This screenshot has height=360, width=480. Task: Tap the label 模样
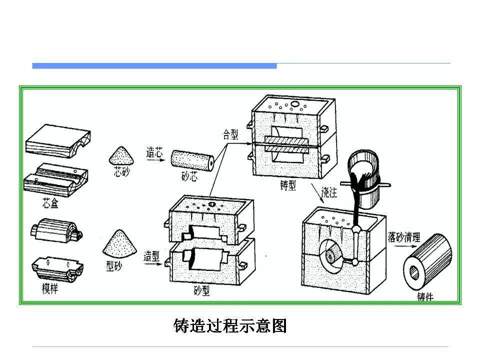click(x=49, y=288)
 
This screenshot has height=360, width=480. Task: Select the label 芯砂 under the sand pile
click(x=121, y=173)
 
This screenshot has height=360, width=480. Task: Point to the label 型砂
click(x=114, y=266)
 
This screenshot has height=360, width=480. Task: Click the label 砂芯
click(x=189, y=175)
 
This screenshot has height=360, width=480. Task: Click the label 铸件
click(x=425, y=296)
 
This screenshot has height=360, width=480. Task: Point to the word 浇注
click(x=329, y=191)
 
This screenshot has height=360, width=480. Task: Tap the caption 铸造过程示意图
click(x=230, y=326)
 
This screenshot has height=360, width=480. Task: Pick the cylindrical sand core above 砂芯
click(x=192, y=159)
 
